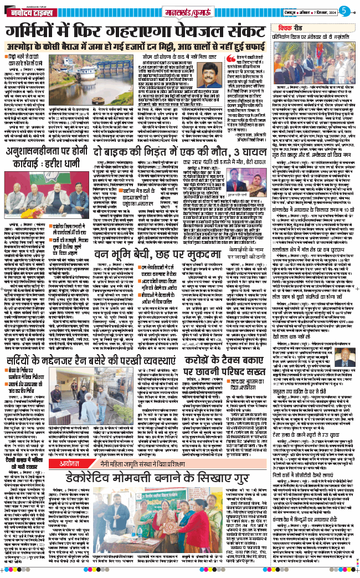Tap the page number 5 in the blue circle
tap(343, 10)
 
